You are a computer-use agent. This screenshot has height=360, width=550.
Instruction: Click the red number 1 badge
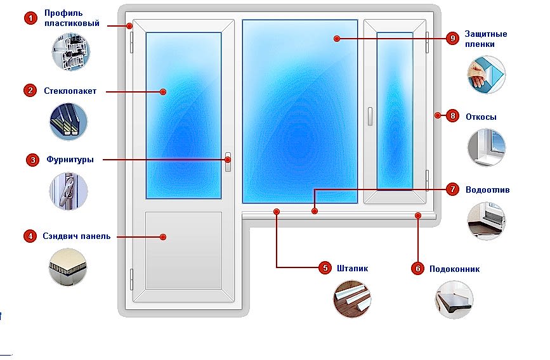coord(30,18)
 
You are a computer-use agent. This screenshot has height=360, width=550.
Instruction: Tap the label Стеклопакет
coord(70,91)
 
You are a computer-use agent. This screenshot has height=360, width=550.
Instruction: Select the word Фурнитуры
coord(70,160)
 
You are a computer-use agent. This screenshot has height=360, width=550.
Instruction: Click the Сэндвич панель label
coord(77,236)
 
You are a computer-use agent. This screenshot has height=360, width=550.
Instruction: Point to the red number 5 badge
coord(325,268)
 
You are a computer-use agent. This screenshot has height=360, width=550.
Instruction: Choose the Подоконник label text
coord(455,269)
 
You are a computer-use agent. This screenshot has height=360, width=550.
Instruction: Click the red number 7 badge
coord(453,190)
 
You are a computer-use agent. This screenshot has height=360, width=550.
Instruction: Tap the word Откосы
coord(481,117)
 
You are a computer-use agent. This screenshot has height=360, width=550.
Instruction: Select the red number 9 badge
coord(453,38)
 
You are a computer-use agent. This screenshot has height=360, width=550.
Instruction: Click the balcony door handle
coord(228,162)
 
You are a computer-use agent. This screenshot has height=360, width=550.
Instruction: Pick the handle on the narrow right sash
coord(370,116)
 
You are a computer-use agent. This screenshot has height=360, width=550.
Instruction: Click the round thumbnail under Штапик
coord(352,299)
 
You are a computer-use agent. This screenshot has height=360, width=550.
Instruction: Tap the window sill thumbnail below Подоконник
coord(454,299)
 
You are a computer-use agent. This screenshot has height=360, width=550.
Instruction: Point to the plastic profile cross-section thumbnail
coord(71,51)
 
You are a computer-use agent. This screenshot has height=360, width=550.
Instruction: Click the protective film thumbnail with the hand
coord(486,75)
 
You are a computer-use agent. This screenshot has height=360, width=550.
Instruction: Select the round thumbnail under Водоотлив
coord(486,221)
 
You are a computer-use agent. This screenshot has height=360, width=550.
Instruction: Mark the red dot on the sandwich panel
coord(163,237)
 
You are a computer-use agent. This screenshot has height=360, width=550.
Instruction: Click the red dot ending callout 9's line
coord(337,39)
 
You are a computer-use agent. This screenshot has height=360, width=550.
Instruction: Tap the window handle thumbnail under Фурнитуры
coord(69,191)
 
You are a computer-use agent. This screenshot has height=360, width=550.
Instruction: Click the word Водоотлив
coord(488,190)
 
